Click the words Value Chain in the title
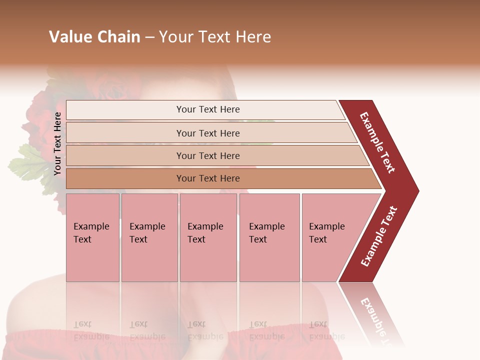point(94,37)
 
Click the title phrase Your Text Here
point(215,37)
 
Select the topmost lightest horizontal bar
point(208,109)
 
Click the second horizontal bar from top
point(208,133)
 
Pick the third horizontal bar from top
point(208,155)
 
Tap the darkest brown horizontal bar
point(208,178)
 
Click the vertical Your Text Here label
point(58,143)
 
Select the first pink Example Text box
point(92,237)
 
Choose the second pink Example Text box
point(149,237)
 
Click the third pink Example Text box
point(208,237)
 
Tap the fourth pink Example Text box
point(269,237)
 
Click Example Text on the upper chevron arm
point(377,142)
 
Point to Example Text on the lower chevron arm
point(379,236)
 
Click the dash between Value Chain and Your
point(149,37)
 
